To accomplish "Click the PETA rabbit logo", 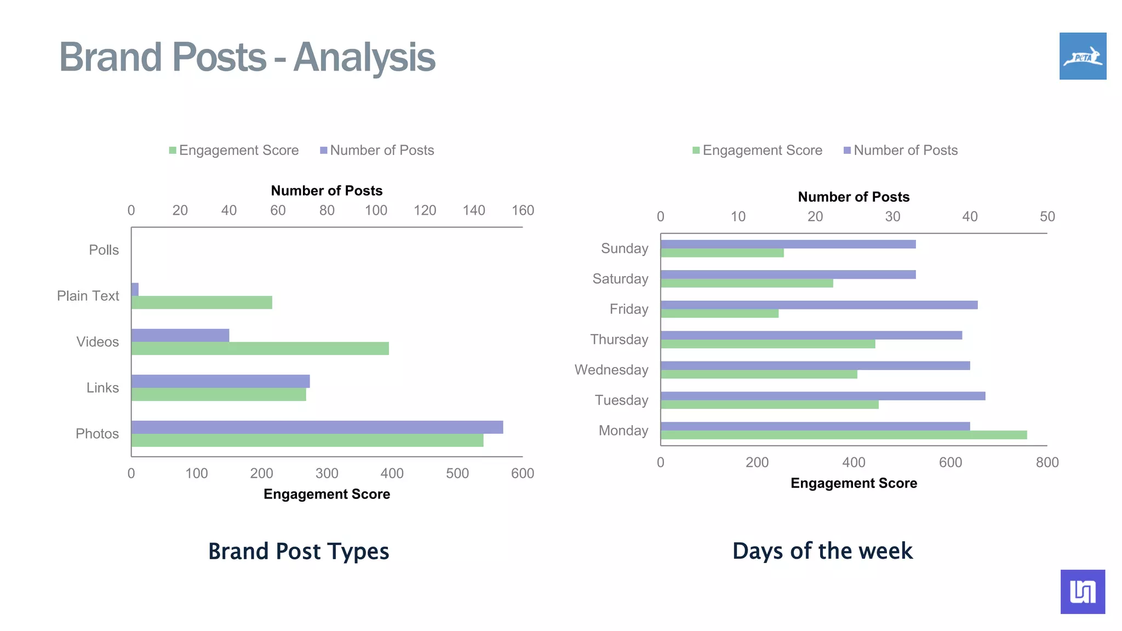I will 1083,56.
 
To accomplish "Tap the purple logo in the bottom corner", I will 1083,592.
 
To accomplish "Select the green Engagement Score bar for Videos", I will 260,348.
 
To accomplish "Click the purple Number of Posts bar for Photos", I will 317,427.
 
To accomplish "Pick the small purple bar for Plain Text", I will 135,289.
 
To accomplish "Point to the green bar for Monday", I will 844,435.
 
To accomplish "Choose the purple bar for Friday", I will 818,305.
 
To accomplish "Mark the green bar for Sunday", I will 722,253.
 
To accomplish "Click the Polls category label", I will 104,250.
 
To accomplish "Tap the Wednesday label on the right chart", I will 611,370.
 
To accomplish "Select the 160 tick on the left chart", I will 523,210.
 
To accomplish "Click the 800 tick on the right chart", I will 1047,462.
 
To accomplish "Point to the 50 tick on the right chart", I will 1047,216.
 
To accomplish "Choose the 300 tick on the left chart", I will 327,473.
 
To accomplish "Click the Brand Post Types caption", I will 299,551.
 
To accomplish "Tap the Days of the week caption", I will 822,551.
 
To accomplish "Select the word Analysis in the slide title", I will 364,57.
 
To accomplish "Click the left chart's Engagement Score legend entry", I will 234,150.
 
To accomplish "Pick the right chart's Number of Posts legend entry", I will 901,150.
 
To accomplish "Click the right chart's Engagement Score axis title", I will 854,483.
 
